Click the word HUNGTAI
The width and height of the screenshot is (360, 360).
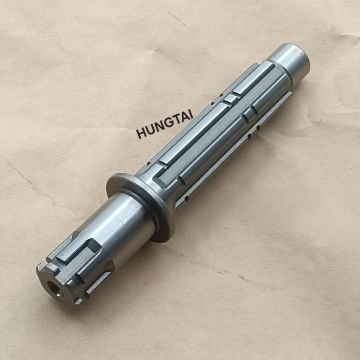click(x=165, y=124)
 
